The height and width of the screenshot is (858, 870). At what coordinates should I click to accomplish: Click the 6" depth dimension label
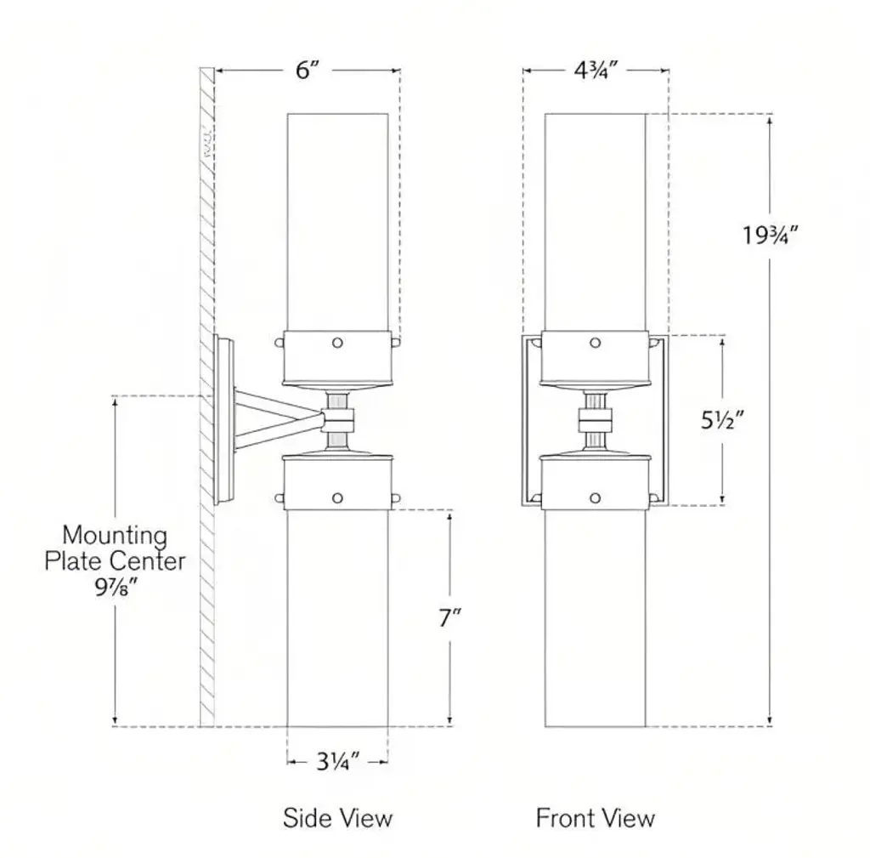[x=307, y=71]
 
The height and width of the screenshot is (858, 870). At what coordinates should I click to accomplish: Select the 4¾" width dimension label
[x=595, y=71]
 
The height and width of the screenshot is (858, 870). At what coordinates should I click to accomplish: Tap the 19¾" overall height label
[x=771, y=234]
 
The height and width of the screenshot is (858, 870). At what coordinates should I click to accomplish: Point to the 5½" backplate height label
[x=723, y=420]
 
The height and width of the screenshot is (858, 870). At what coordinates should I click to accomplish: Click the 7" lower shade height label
[x=449, y=618]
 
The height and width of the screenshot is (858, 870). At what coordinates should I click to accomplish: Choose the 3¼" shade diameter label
[x=338, y=761]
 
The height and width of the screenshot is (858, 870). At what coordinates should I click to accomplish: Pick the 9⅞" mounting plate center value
[x=114, y=587]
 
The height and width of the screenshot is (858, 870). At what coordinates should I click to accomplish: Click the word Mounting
[x=115, y=536]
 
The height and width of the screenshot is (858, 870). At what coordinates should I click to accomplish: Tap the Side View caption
[x=338, y=818]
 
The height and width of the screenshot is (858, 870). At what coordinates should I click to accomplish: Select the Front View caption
[x=595, y=818]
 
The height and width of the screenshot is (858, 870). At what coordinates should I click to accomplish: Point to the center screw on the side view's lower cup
[x=337, y=497]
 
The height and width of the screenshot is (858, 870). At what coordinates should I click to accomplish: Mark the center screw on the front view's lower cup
[x=595, y=497]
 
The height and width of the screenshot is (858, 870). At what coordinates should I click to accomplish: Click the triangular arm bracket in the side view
[x=272, y=418]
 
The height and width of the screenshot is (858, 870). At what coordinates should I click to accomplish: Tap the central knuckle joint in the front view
[x=595, y=419]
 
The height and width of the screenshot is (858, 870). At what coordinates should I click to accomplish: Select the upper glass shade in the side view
[x=337, y=221]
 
